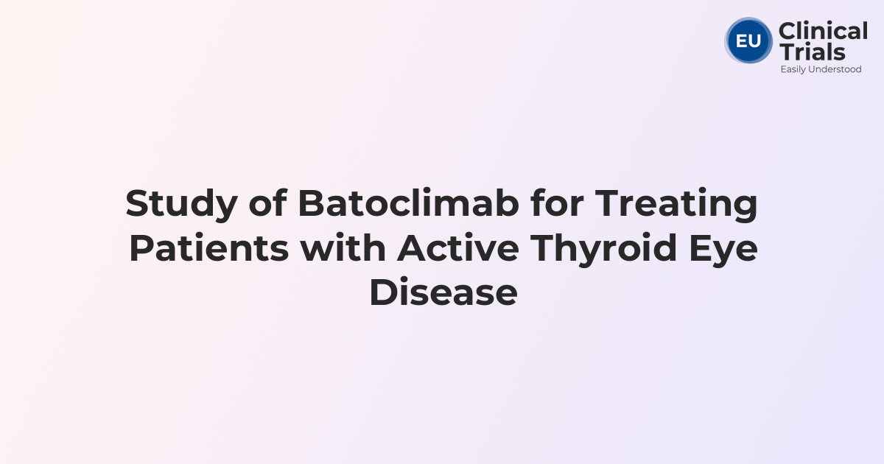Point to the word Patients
(208, 248)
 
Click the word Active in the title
(457, 248)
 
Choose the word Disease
(443, 292)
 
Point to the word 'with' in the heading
(342, 248)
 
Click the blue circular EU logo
(748, 41)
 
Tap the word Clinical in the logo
(823, 32)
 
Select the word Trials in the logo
(812, 52)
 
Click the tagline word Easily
(794, 69)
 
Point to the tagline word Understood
(836, 69)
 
